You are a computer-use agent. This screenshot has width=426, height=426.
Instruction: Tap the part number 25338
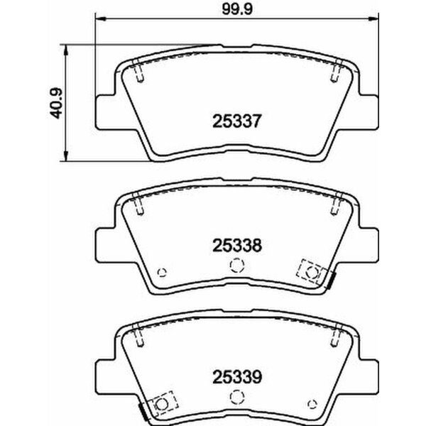click(x=236, y=246)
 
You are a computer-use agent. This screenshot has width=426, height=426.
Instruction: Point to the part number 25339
click(x=236, y=372)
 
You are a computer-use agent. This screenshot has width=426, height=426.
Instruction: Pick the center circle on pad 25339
click(x=236, y=393)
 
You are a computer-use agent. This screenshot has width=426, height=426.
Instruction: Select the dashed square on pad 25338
click(x=310, y=271)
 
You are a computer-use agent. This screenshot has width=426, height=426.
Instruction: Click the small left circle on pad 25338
click(x=163, y=271)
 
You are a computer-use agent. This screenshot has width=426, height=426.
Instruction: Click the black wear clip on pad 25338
click(x=332, y=282)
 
